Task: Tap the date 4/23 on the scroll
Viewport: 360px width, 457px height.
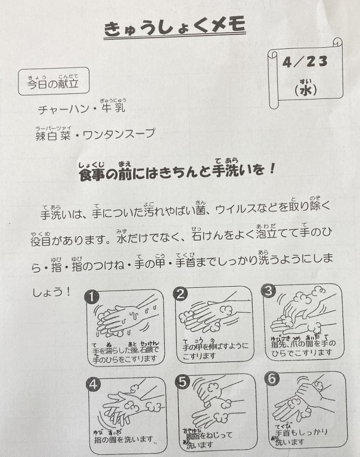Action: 305,61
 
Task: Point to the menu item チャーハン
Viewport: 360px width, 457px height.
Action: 64,109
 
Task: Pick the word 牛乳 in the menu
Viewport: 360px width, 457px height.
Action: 114,108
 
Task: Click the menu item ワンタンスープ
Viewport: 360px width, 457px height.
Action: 119,134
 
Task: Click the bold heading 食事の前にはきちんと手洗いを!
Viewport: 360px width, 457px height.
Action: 177,171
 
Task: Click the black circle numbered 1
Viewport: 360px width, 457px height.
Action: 92,297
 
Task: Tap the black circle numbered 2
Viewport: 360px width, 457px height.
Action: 181,294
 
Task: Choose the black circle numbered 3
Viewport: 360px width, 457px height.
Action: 269,291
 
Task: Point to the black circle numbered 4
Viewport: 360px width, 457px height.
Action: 93,385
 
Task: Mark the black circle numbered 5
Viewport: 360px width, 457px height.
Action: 183,382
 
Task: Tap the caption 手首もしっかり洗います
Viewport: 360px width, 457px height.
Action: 300,437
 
